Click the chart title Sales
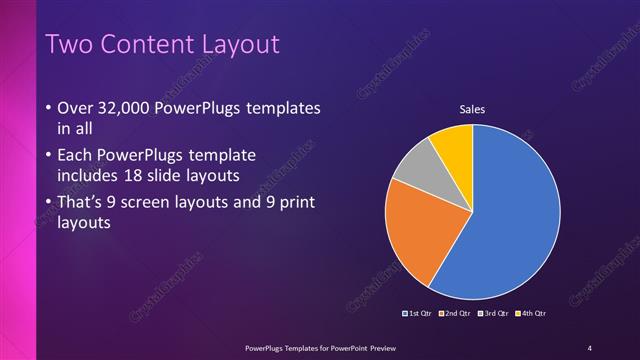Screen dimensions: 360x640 [472, 109]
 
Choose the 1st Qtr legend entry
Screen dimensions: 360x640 [418, 313]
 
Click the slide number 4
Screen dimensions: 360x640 [590, 347]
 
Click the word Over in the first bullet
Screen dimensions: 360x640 [78, 108]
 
